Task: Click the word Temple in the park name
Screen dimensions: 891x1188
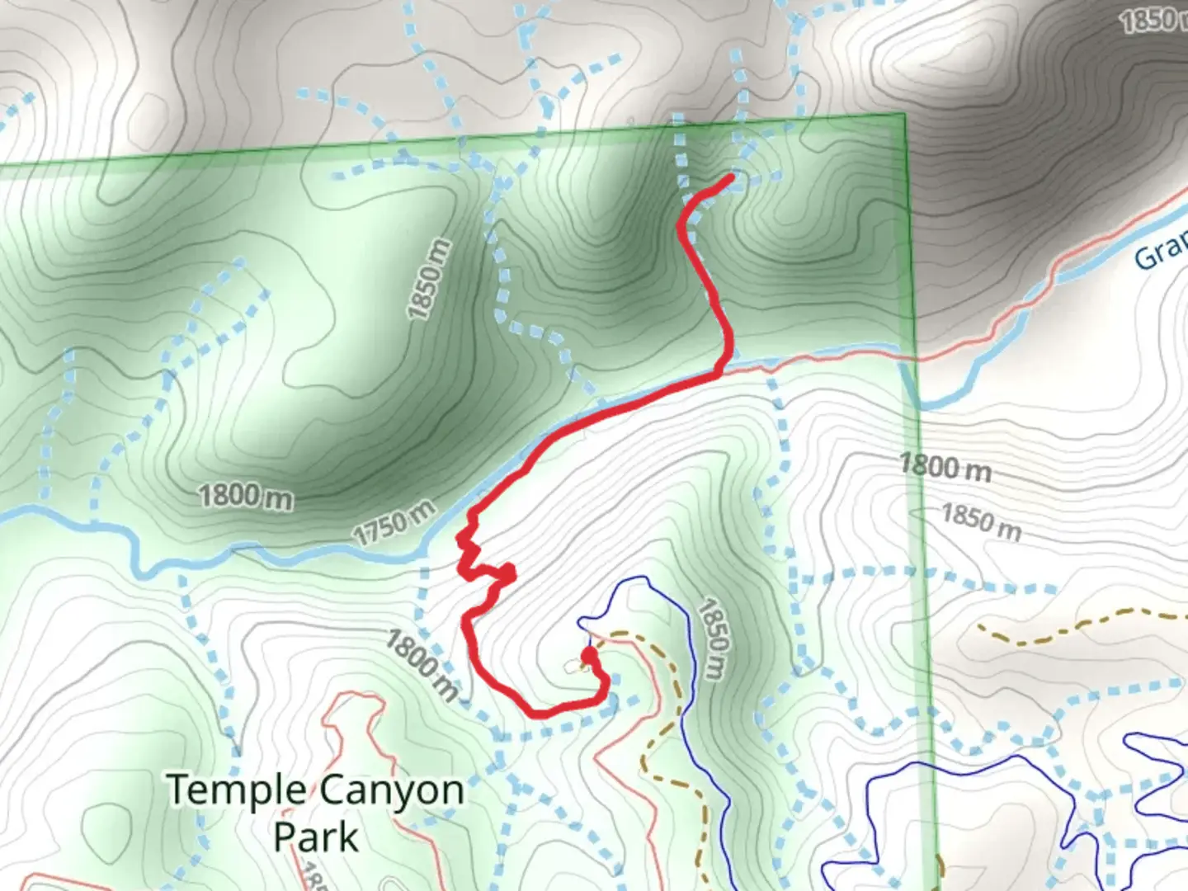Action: (236, 790)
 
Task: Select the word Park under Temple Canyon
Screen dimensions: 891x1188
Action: (316, 837)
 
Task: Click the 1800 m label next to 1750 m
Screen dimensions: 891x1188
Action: (245, 497)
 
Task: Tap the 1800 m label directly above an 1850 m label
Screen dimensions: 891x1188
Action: (945, 467)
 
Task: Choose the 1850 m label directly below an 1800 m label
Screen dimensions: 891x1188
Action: (981, 521)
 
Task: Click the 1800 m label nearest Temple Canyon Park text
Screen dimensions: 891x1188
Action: (421, 665)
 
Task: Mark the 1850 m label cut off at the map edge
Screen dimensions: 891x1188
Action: (1153, 21)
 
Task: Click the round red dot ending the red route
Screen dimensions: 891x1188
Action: (589, 655)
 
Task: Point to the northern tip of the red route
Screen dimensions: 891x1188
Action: (731, 177)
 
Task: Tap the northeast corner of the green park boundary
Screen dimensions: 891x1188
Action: (905, 115)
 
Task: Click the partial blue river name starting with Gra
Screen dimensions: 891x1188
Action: (1160, 252)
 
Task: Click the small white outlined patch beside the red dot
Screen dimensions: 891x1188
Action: (573, 665)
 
